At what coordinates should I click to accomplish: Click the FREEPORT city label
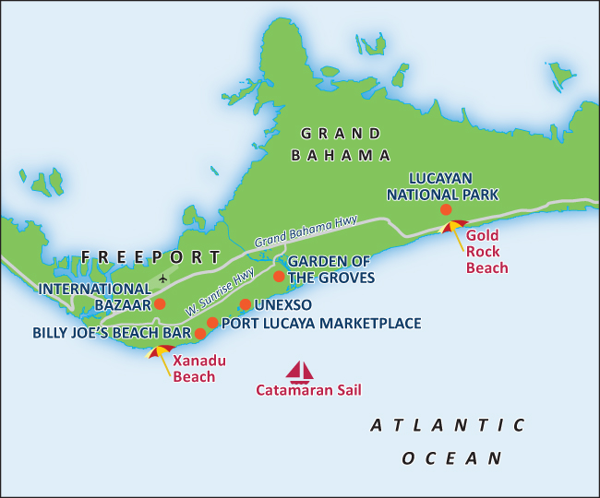pyautogui.click(x=151, y=256)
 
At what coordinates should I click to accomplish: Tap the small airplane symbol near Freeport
pyautogui.click(x=164, y=278)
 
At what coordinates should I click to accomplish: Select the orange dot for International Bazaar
pyautogui.click(x=160, y=303)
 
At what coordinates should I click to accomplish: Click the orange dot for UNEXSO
pyautogui.click(x=245, y=304)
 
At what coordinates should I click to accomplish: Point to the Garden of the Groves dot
pyautogui.click(x=280, y=276)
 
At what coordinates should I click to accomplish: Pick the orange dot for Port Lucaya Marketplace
pyautogui.click(x=212, y=323)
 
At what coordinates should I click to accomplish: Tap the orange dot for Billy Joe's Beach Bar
pyautogui.click(x=200, y=333)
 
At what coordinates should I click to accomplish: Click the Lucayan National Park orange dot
pyautogui.click(x=446, y=210)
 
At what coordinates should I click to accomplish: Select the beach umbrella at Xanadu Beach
pyautogui.click(x=161, y=353)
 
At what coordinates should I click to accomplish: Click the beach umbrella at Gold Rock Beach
pyautogui.click(x=453, y=226)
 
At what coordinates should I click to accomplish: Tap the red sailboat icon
pyautogui.click(x=300, y=372)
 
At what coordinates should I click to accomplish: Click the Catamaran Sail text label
pyautogui.click(x=308, y=390)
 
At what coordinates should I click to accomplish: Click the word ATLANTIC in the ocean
pyautogui.click(x=448, y=425)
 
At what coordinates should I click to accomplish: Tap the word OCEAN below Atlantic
pyautogui.click(x=451, y=457)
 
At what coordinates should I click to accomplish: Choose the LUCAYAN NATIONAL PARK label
pyautogui.click(x=442, y=185)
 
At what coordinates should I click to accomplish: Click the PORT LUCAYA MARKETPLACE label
pyautogui.click(x=321, y=323)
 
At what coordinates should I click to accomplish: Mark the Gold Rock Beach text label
pyautogui.click(x=486, y=252)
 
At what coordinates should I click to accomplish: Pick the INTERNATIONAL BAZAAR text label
pyautogui.click(x=94, y=295)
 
